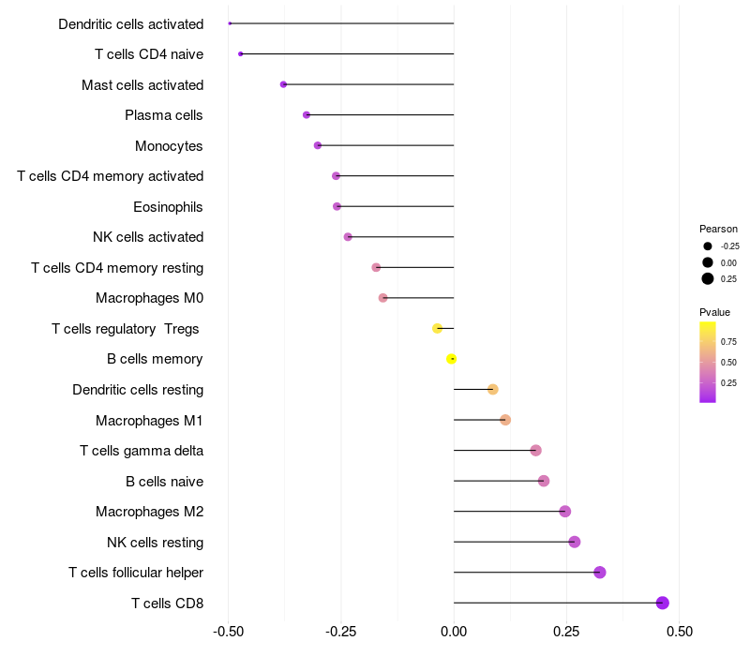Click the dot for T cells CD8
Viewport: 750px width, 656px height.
[663, 603]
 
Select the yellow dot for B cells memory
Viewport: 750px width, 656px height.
[452, 359]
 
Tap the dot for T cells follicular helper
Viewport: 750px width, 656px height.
[600, 573]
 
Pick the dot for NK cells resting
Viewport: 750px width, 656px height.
[575, 542]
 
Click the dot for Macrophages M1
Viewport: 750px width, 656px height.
[505, 420]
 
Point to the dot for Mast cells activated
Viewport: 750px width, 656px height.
[283, 84]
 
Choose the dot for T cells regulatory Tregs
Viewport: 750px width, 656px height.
[437, 328]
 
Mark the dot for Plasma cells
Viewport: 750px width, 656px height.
[307, 115]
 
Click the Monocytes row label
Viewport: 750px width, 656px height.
[169, 146]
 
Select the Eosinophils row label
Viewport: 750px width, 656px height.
[169, 207]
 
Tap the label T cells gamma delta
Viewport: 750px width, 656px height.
[142, 451]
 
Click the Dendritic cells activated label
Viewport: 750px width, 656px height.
[130, 24]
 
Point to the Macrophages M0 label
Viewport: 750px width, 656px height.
[149, 298]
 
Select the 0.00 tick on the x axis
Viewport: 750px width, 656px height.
[454, 632]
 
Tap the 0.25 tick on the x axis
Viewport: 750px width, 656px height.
[566, 632]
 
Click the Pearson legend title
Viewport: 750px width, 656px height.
[718, 229]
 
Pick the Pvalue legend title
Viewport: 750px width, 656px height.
[714, 312]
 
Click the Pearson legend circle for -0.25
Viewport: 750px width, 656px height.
[707, 246]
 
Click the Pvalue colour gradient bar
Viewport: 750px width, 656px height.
[708, 362]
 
